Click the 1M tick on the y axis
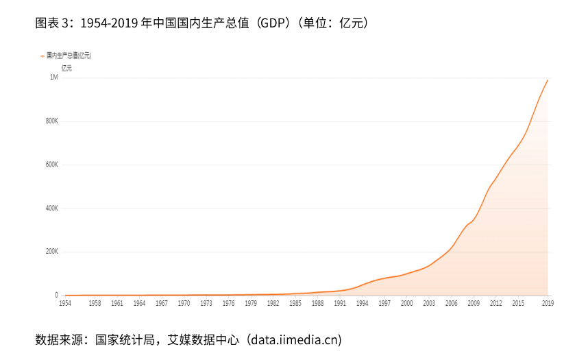tap(53, 77)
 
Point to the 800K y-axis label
tap(51, 121)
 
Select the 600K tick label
tap(51, 165)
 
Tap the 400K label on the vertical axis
tap(51, 208)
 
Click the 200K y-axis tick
tap(51, 252)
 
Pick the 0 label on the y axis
tap(56, 296)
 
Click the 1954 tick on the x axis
tap(65, 303)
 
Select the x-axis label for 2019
tap(548, 303)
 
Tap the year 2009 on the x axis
tap(474, 303)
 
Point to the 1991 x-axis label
tap(340, 303)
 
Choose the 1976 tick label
tap(228, 303)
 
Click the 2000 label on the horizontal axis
tap(406, 303)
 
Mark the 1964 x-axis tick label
tap(139, 303)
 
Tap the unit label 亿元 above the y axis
tap(66, 67)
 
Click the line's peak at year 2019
tap(548, 80)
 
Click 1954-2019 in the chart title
tap(109, 23)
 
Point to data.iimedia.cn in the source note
tap(294, 339)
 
